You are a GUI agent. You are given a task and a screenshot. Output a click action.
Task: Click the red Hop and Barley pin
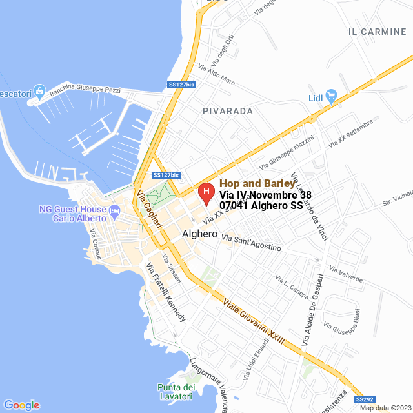tap(205, 192)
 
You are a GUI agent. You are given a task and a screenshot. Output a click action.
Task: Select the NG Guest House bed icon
tap(114, 210)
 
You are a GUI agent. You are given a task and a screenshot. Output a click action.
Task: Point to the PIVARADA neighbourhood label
tap(227, 111)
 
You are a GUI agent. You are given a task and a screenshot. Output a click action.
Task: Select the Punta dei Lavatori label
tap(176, 391)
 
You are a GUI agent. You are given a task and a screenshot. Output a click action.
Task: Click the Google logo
tap(21, 405)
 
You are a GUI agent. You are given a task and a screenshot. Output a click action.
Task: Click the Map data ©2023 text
tap(385, 408)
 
